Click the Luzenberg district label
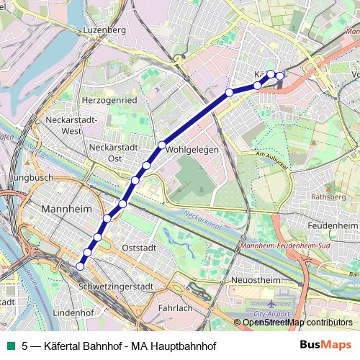[x=105, y=30]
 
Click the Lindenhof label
[x=75, y=313]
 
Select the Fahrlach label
[x=176, y=307]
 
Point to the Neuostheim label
[x=256, y=279]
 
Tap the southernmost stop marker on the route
[x=80, y=266]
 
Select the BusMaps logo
[x=325, y=346]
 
